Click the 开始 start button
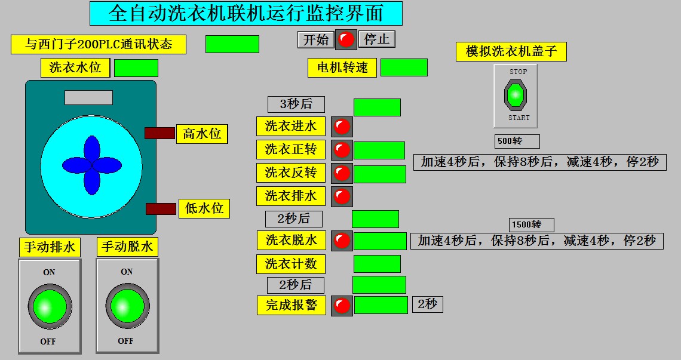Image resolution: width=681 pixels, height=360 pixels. (x=315, y=40)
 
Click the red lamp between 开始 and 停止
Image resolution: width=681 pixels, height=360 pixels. (x=346, y=40)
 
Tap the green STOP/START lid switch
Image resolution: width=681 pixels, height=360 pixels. (x=515, y=95)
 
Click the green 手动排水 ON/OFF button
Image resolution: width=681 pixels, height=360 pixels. (x=50, y=306)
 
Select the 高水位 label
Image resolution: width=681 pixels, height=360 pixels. (x=202, y=134)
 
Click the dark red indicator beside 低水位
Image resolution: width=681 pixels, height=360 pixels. (x=161, y=209)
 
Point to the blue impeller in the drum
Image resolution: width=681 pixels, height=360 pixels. (x=91, y=165)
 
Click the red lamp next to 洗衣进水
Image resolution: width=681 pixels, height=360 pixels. (x=342, y=127)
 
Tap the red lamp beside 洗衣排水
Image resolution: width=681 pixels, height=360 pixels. (x=342, y=196)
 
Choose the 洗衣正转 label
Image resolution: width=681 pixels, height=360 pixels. (x=291, y=149)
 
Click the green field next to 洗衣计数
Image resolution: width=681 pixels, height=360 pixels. (x=377, y=264)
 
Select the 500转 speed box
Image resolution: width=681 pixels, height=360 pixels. (x=517, y=141)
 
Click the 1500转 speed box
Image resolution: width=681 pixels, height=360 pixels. (x=532, y=225)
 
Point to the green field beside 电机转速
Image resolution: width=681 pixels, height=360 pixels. (x=404, y=67)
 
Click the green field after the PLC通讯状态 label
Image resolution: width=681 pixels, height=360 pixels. (x=232, y=44)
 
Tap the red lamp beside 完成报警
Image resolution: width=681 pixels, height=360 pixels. (x=342, y=306)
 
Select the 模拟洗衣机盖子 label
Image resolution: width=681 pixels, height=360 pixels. (x=511, y=51)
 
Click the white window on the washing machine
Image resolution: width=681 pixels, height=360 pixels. (x=88, y=97)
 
